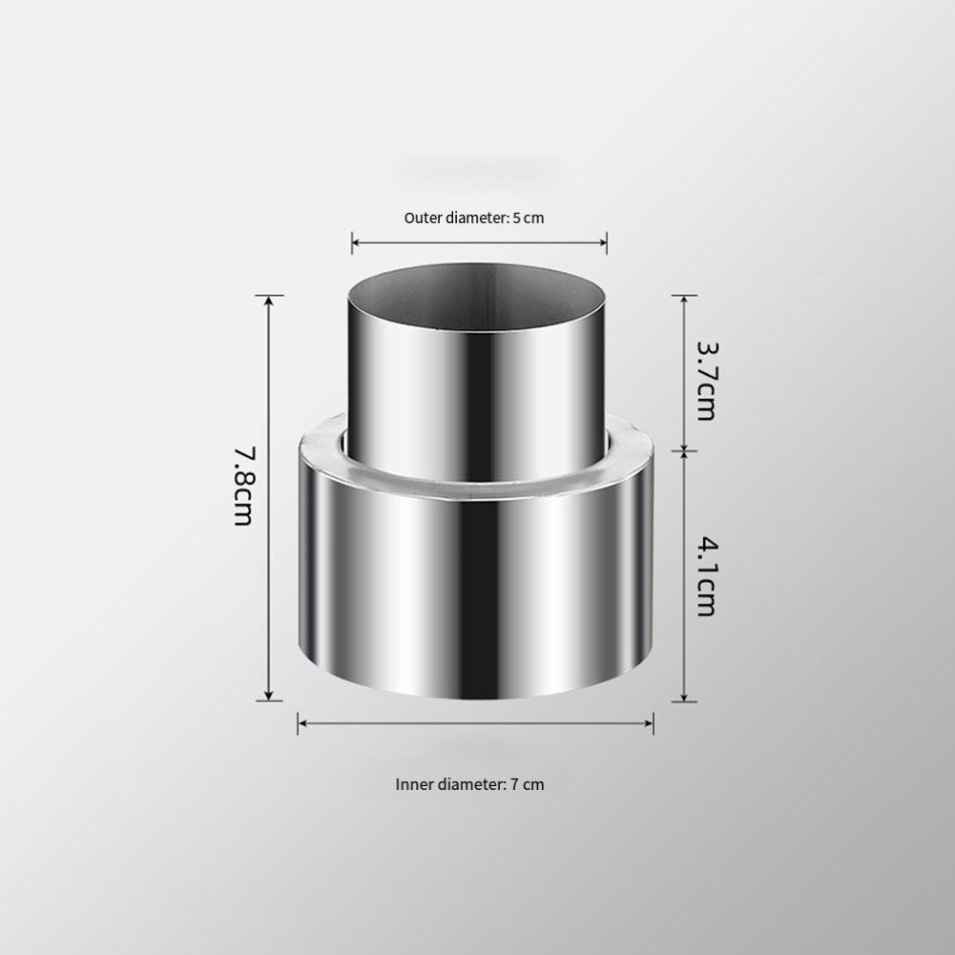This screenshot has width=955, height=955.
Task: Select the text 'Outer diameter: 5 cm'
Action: [x=473, y=218]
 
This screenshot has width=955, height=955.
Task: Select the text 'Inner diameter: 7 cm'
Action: [x=469, y=785]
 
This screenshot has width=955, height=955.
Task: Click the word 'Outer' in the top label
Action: [x=422, y=218]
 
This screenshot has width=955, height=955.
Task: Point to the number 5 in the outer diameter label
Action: [x=516, y=218]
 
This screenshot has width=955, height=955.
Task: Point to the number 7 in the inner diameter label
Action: [x=513, y=785]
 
